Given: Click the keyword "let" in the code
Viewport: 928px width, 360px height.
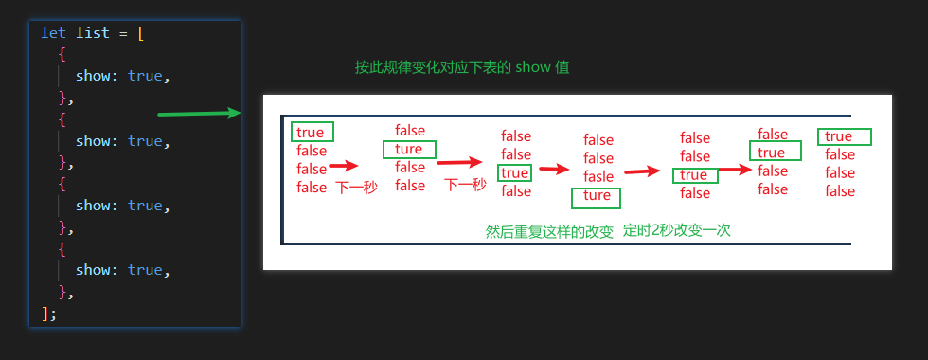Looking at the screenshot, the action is click(x=53, y=33).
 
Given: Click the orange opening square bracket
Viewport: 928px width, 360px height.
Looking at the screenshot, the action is click(x=141, y=33).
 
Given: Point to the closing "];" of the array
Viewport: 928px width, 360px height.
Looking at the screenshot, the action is click(x=48, y=313).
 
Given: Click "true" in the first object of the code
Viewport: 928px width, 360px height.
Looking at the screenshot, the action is click(x=145, y=76).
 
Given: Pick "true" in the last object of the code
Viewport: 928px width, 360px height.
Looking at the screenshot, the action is click(x=145, y=270).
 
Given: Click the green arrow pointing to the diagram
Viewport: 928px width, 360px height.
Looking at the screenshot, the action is click(x=199, y=114).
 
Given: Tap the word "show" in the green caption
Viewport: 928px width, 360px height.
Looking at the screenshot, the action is click(x=534, y=68).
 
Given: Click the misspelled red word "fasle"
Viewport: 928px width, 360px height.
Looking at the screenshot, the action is click(x=598, y=176).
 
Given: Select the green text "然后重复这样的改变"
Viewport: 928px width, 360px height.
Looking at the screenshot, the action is click(x=549, y=230).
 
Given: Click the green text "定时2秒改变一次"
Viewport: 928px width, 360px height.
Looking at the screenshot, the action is click(x=676, y=230).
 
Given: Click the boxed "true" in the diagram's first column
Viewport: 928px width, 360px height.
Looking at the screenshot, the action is click(x=311, y=133).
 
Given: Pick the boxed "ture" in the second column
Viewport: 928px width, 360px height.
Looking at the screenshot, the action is click(x=409, y=150).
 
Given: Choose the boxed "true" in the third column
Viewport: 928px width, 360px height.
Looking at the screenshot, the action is click(x=515, y=172).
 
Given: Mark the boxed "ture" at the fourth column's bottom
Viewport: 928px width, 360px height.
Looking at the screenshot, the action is click(x=597, y=196).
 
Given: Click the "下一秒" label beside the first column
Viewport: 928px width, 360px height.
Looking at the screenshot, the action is click(x=356, y=188).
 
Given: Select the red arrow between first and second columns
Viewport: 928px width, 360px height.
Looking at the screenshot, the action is click(x=343, y=168).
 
